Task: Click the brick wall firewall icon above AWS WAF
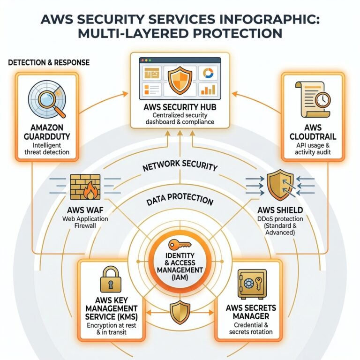click(83, 187)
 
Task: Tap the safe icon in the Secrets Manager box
click(252, 284)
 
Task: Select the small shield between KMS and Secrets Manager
click(180, 312)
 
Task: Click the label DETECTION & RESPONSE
click(49, 62)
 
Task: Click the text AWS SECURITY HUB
click(180, 107)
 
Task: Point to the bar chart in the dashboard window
click(207, 89)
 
